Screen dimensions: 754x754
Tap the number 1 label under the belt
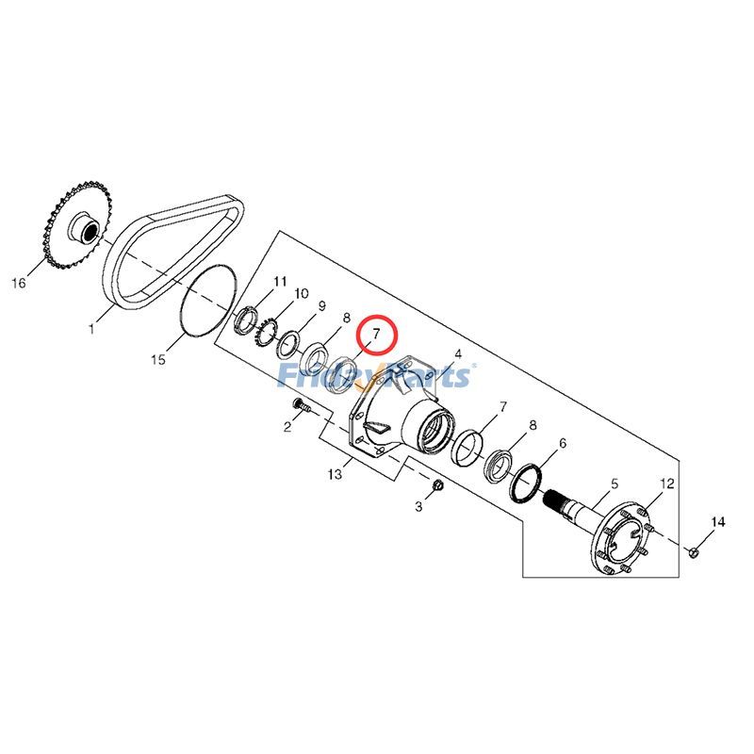(x=92, y=329)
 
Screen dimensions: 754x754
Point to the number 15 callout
(x=159, y=359)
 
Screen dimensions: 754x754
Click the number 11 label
(x=280, y=282)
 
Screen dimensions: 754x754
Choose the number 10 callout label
(x=301, y=294)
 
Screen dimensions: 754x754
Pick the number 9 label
(x=321, y=306)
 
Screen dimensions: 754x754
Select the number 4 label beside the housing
(x=458, y=354)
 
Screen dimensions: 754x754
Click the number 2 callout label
(x=287, y=427)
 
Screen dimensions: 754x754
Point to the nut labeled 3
(x=439, y=485)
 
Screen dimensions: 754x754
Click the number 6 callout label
(x=563, y=443)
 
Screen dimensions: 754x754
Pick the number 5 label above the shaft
(x=614, y=484)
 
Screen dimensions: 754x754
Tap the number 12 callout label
(x=667, y=484)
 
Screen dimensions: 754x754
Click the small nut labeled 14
(x=693, y=551)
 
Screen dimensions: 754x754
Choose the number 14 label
(x=718, y=522)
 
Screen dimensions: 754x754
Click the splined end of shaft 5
(x=563, y=501)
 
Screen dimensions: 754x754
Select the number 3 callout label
(x=420, y=508)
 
